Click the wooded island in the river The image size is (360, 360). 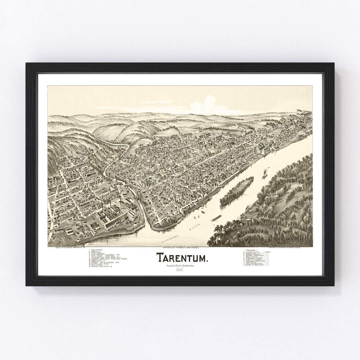(236, 191)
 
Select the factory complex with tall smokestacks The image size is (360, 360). (115, 213)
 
